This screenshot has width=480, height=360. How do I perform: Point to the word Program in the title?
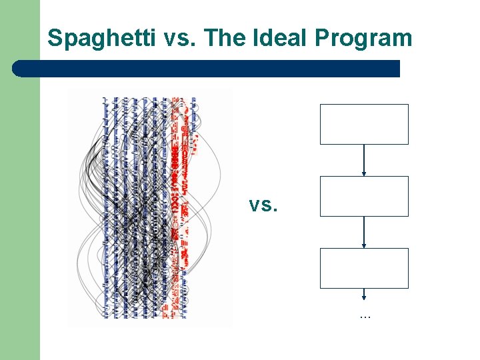click(363, 38)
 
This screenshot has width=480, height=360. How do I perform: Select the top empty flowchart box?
click(364, 124)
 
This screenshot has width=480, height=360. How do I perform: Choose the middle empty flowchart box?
click(364, 196)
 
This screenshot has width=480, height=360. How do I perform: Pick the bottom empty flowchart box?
click(364, 268)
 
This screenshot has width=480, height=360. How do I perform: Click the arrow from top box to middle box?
click(364, 160)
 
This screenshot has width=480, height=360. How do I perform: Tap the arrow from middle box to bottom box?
click(364, 232)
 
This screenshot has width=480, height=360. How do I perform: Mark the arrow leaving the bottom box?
click(364, 294)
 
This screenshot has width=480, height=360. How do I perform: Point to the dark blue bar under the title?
click(207, 69)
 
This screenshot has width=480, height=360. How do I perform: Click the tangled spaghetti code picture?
click(150, 207)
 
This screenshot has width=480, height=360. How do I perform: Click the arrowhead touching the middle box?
click(364, 174)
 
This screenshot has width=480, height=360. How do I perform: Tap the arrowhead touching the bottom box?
click(364, 246)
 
